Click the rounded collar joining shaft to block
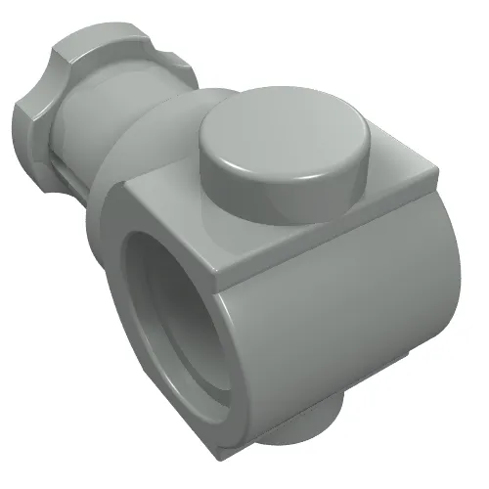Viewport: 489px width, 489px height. coord(166,147)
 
